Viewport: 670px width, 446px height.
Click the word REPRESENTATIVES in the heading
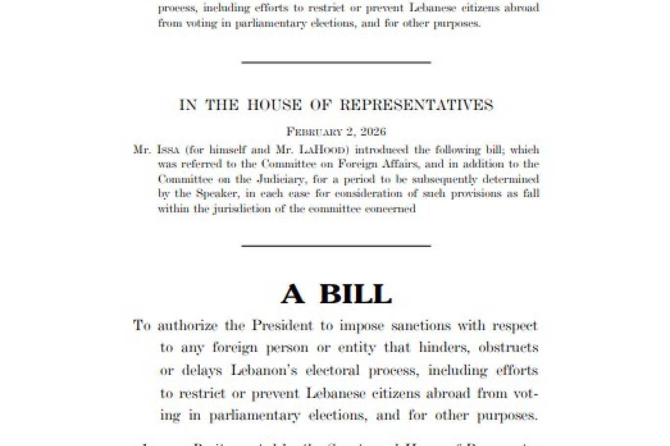click(416, 105)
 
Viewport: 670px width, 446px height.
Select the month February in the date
click(314, 132)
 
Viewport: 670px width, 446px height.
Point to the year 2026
click(373, 132)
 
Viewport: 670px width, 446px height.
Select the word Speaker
click(217, 194)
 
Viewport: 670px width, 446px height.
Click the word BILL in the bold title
click(356, 294)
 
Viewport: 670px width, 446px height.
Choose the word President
click(282, 326)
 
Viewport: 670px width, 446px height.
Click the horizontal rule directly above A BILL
click(336, 246)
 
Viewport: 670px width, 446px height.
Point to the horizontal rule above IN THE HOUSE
click(336, 63)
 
